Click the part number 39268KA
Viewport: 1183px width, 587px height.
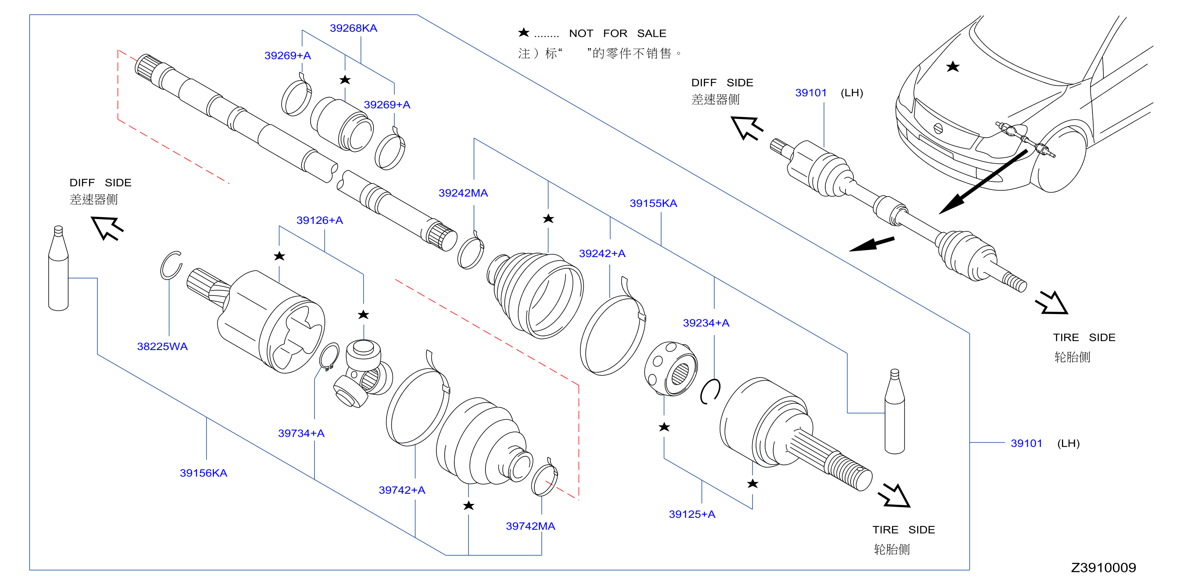coord(353,28)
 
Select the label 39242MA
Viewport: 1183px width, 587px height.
coord(463,193)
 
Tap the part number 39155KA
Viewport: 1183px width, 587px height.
coord(653,203)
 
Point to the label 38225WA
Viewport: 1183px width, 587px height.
coord(162,346)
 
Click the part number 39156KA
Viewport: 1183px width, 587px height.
coord(203,473)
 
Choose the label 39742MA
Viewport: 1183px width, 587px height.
coord(531,526)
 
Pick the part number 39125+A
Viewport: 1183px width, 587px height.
coord(692,514)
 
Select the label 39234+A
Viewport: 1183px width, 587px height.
coord(706,323)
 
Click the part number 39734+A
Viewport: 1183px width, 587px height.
coord(301,433)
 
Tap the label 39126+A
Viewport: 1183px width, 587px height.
coord(320,220)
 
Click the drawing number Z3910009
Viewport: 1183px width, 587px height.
coord(1103,567)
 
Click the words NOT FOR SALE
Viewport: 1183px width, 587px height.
coord(617,33)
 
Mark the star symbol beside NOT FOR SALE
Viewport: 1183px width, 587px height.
coord(523,32)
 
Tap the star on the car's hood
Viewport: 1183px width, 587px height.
coord(953,66)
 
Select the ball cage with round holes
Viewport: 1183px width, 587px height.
coord(671,369)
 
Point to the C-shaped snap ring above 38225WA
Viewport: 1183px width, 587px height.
coord(171,265)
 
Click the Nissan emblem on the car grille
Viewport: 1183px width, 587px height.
coord(938,129)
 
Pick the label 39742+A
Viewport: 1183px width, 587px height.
coord(402,490)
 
